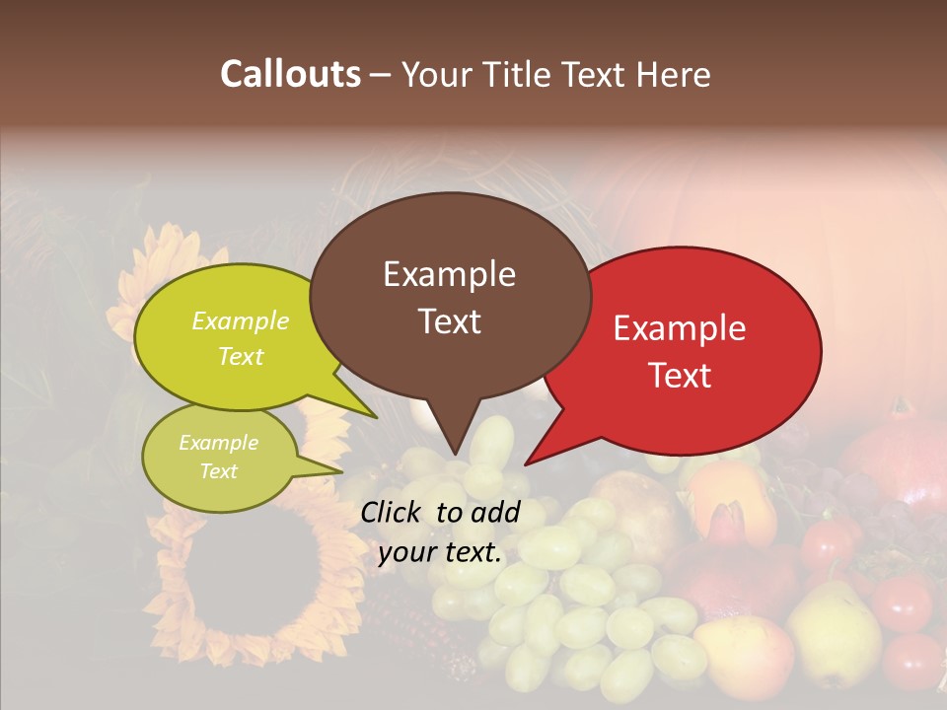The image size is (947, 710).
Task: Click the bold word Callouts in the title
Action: (290, 74)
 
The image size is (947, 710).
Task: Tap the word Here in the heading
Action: (673, 74)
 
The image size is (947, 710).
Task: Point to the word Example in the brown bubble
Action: (450, 274)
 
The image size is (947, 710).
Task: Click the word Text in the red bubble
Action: (680, 376)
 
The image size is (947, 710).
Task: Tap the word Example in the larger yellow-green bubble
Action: (241, 321)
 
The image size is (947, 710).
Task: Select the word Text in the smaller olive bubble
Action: (219, 471)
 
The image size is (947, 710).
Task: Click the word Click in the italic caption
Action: (393, 512)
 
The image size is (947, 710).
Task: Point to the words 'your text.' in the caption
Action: (440, 553)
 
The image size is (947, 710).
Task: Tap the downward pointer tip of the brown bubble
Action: (455, 455)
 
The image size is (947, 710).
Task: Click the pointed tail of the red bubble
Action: (526, 463)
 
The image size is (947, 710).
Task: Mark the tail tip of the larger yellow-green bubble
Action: (376, 418)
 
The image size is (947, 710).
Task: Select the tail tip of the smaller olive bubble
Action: (341, 471)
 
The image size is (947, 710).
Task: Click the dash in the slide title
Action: (382, 75)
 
